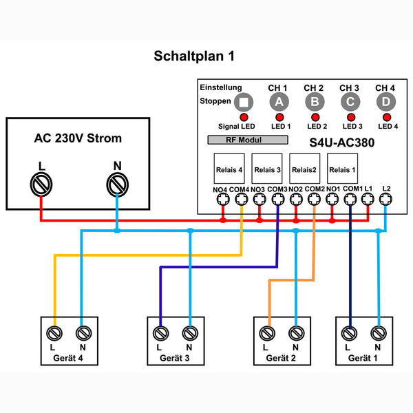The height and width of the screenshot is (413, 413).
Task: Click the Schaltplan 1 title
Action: (x=193, y=56)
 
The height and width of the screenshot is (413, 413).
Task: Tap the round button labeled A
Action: (x=278, y=103)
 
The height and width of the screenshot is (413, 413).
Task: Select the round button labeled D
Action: (x=385, y=103)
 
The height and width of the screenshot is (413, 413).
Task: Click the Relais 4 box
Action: (x=229, y=169)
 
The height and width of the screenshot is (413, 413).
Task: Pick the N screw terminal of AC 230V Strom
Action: (x=117, y=184)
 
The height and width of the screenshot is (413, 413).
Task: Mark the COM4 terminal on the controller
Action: (x=241, y=199)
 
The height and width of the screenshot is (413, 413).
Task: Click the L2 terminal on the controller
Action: (x=385, y=199)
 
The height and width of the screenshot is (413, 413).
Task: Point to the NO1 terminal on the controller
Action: (x=332, y=199)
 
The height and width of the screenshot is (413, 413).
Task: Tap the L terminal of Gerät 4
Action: (x=54, y=333)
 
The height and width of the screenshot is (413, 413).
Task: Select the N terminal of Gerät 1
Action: (x=377, y=333)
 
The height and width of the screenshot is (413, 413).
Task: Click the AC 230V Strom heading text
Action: (x=78, y=138)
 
